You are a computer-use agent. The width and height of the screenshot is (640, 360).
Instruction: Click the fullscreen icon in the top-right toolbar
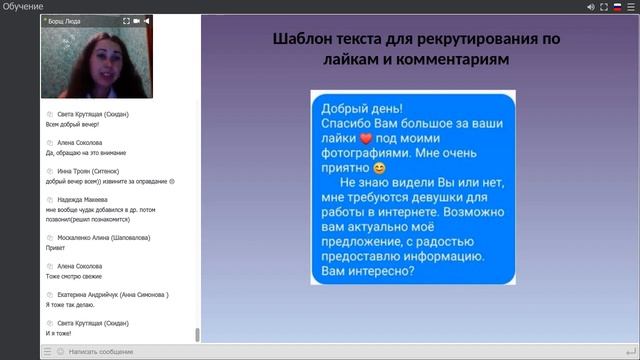point(592,7)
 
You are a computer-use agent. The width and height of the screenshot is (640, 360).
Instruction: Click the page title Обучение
point(23,7)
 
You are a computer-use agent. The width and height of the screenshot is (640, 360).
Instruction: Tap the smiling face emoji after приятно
point(378,170)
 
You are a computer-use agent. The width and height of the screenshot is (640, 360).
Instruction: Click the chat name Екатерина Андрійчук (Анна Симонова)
point(112,295)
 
